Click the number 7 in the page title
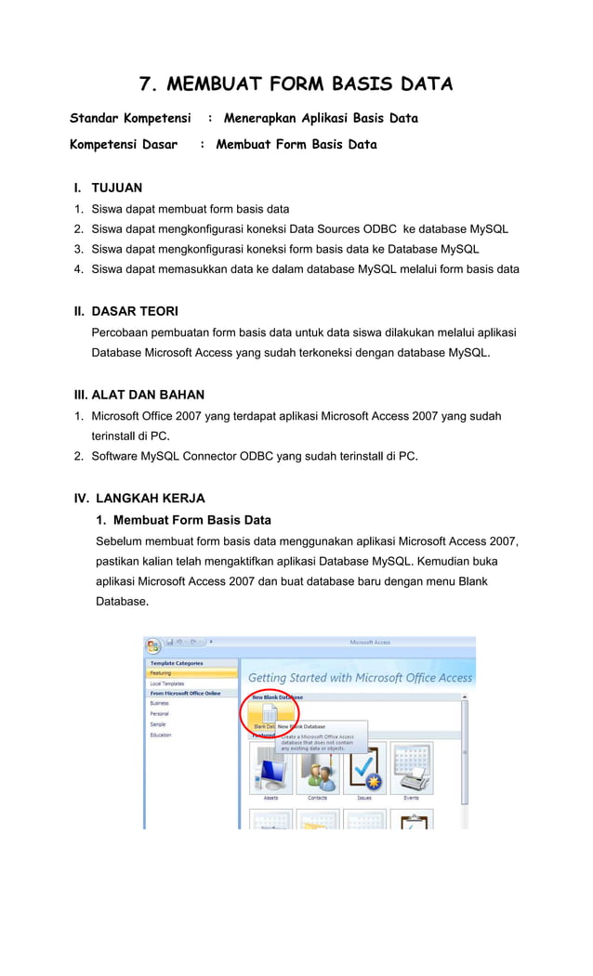tap(145, 85)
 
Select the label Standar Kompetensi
tap(130, 118)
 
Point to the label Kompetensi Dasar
tap(124, 144)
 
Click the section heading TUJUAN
tap(116, 188)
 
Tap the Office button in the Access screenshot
tap(152, 644)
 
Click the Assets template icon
tap(270, 768)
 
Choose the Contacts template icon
tap(318, 768)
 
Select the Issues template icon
tap(364, 768)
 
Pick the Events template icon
tap(411, 768)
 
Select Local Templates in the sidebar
tap(167, 683)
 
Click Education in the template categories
tap(161, 735)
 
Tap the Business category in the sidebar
tap(160, 703)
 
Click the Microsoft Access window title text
tap(370, 643)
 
